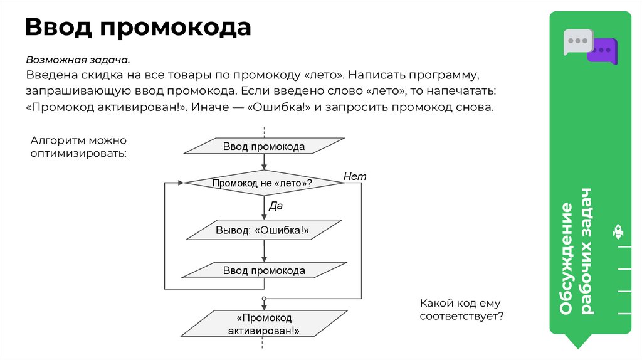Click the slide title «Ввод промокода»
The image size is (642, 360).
click(138, 28)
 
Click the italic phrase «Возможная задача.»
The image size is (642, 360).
click(78, 60)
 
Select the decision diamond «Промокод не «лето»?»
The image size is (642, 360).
click(263, 183)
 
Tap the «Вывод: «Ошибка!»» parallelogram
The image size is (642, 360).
click(263, 230)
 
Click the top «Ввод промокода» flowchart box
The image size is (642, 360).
click(263, 147)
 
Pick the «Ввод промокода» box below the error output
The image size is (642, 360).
click(263, 271)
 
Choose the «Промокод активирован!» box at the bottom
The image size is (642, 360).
click(263, 324)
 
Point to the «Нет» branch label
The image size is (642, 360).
click(355, 177)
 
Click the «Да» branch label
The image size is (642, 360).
click(276, 206)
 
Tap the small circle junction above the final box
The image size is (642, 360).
click(264, 298)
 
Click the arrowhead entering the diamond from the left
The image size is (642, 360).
click(180, 183)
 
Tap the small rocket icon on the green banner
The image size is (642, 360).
click(618, 232)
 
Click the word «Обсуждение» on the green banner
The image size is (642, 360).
click(567, 258)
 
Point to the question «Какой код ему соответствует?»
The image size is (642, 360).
click(461, 309)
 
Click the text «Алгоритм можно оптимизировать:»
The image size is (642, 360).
click(78, 146)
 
